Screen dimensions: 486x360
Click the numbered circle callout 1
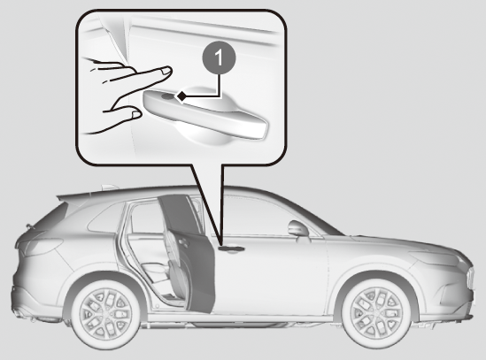pyautogui.click(x=219, y=57)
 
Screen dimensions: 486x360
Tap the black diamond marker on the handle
pyautogui.click(x=181, y=96)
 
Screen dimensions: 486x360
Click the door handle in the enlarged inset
pyautogui.click(x=205, y=113)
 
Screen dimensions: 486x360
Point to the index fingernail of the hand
pyautogui.click(x=166, y=71)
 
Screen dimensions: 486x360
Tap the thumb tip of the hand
pyautogui.click(x=136, y=114)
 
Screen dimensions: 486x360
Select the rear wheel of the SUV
pyautogui.click(x=106, y=313)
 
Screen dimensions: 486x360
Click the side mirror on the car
pyautogui.click(x=298, y=228)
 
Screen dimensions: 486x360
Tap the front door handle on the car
pyautogui.click(x=231, y=249)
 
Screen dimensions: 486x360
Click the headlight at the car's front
pyautogui.click(x=434, y=257)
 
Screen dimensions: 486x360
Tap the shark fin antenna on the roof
pyautogui.click(x=109, y=188)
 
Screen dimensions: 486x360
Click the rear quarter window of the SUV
pyautogui.click(x=105, y=218)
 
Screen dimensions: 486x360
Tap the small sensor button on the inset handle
pyautogui.click(x=167, y=96)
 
